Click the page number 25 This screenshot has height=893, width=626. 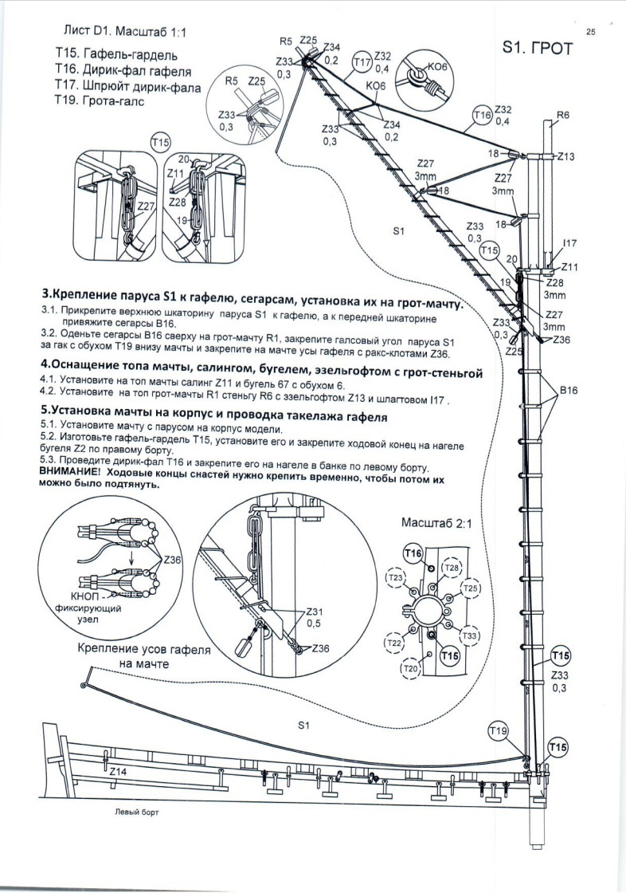[590, 32]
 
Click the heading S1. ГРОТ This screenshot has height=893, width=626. [538, 49]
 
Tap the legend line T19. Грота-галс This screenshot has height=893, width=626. [100, 103]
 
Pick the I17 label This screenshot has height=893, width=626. [569, 242]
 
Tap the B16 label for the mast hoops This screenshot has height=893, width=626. [571, 391]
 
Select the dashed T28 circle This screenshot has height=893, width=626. [451, 568]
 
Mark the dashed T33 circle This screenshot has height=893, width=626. [470, 635]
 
